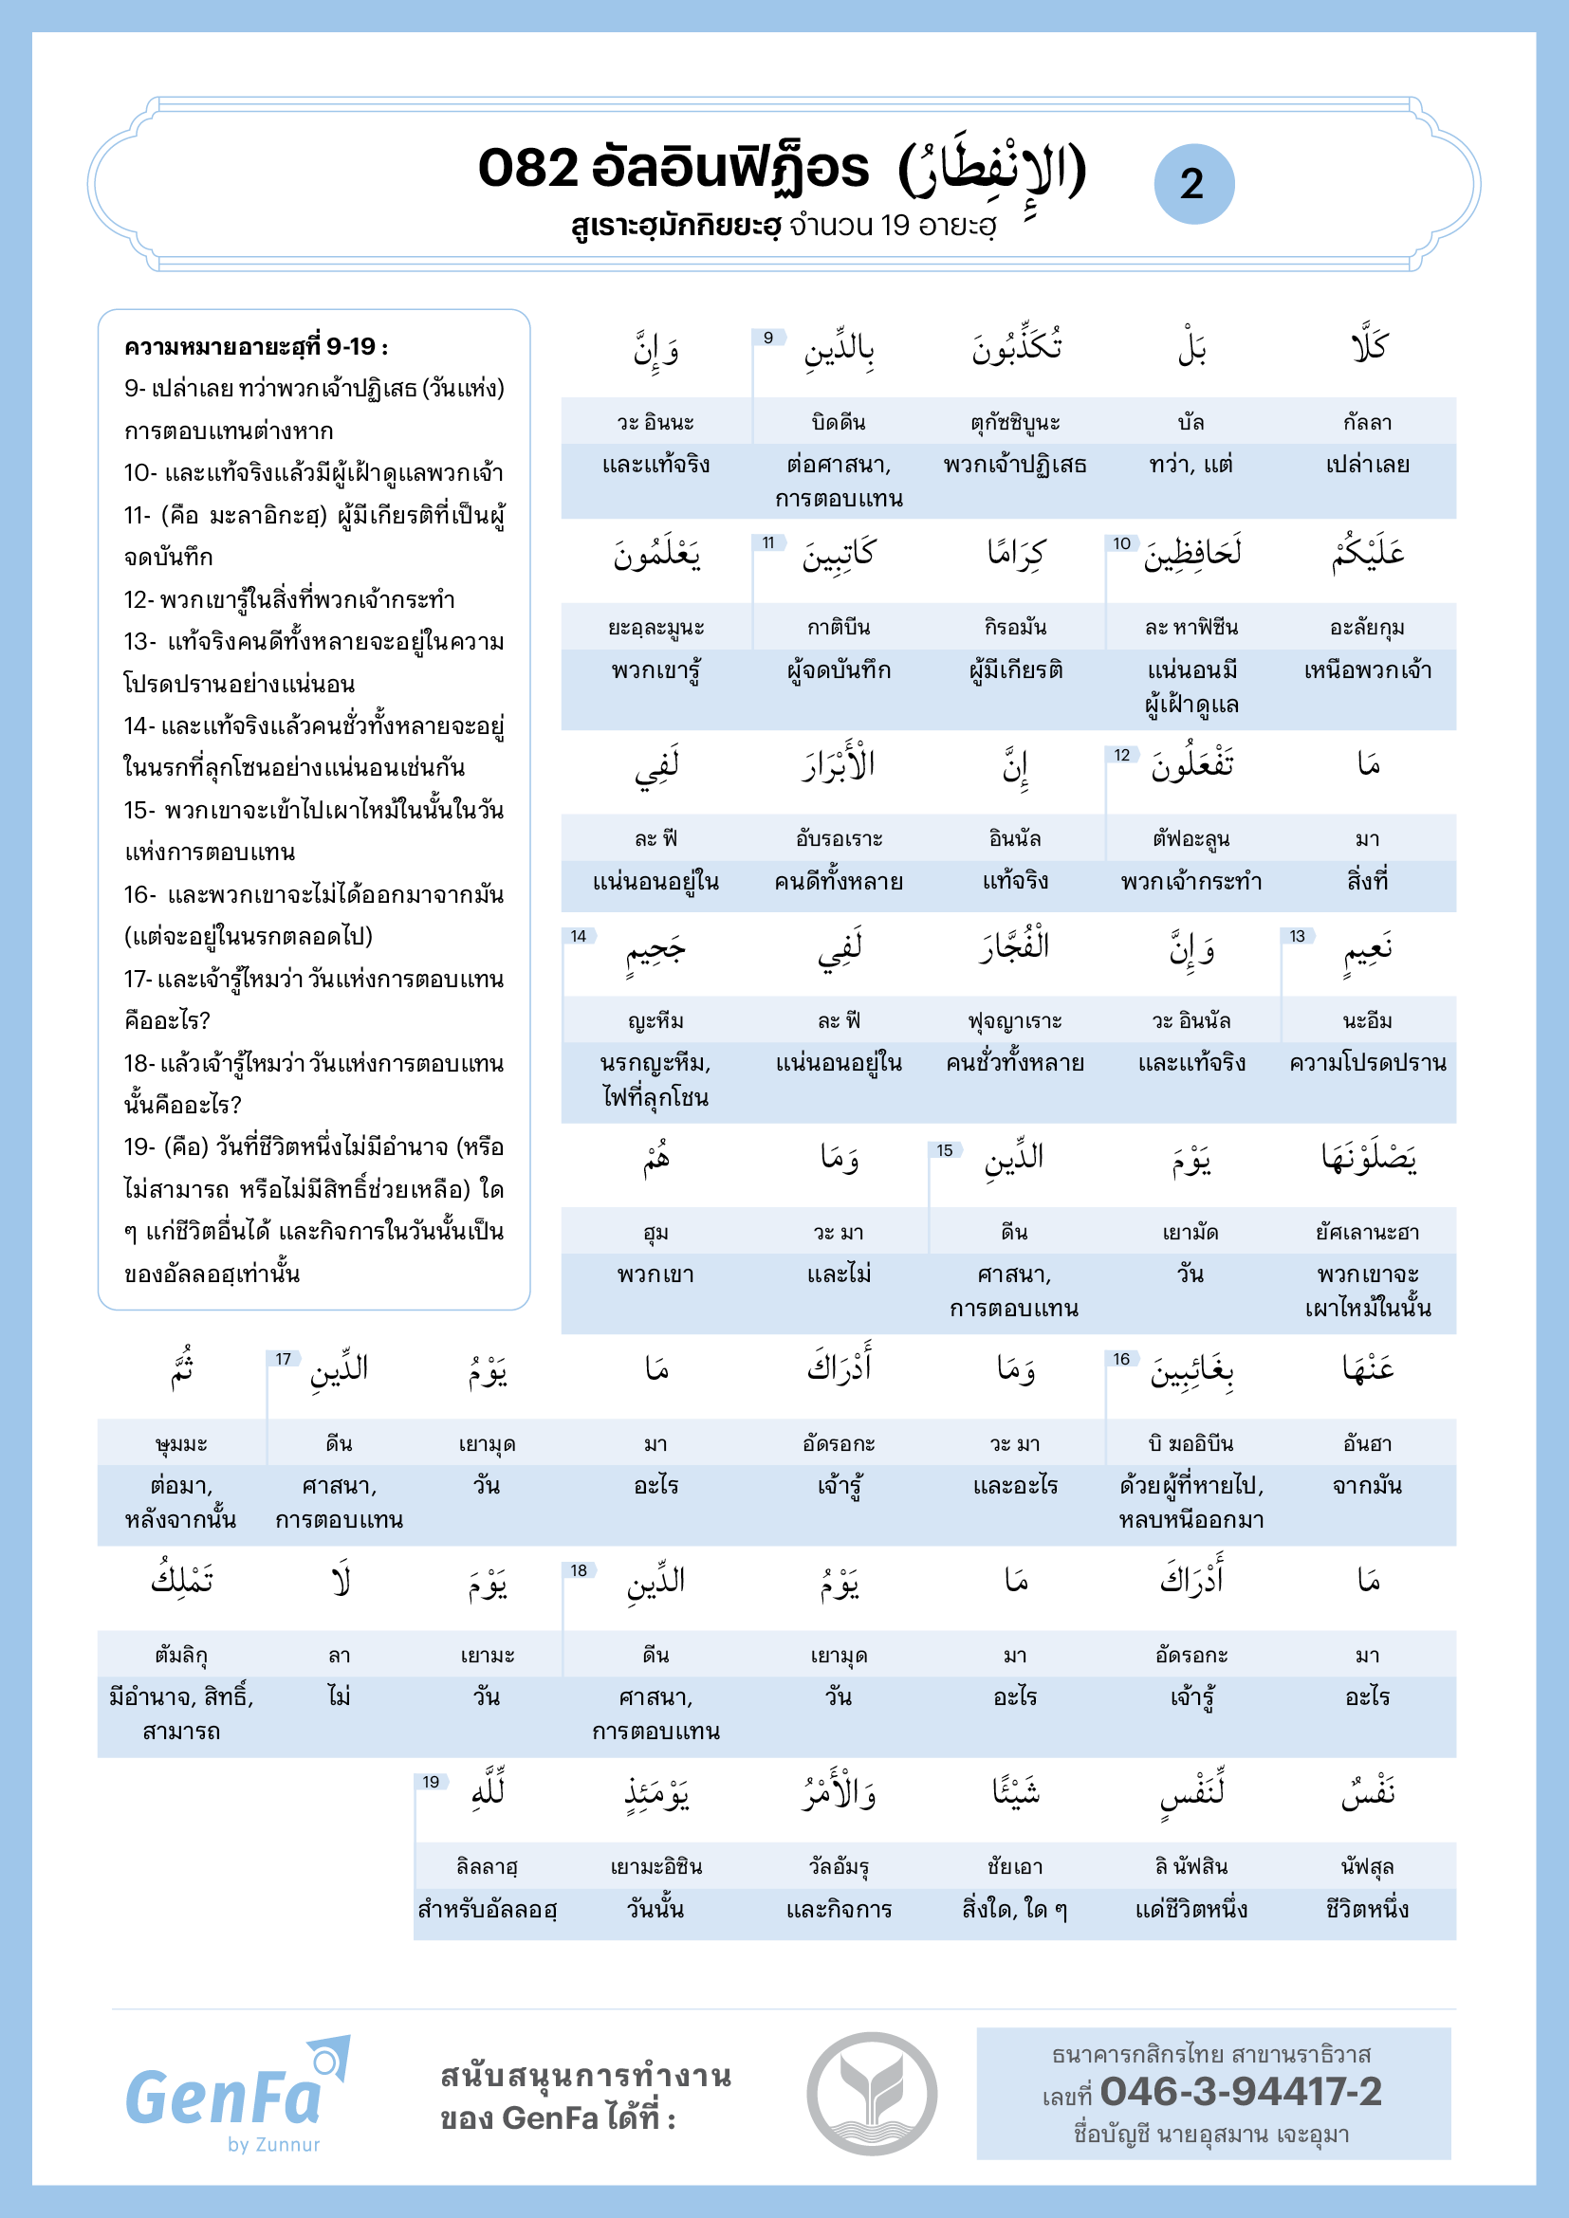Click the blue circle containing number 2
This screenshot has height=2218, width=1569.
coord(1193,184)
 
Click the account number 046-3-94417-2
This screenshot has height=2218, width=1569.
coord(1241,2092)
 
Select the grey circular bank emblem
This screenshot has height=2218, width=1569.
coord(872,2094)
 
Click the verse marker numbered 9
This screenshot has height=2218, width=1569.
coord(768,339)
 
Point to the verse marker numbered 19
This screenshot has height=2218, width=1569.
coord(431,1783)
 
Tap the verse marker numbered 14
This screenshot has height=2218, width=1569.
coord(578,936)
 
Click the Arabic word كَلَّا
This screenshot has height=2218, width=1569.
coord(1368,348)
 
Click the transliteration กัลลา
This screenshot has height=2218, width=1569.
coord(1367,422)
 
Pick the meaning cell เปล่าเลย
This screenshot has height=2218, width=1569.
coord(1367,465)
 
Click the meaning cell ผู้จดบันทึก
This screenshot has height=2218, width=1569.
coord(839,670)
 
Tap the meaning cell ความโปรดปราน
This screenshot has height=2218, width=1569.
coord(1367,1063)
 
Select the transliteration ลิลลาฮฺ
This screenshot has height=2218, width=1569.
coord(487,1866)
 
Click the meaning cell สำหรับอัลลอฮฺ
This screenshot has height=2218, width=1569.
coord(487,1909)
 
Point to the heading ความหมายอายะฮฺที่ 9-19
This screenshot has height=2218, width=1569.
coord(256,347)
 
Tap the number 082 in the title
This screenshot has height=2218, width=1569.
coord(527,168)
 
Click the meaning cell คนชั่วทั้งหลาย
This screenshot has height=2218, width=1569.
coord(1014,1063)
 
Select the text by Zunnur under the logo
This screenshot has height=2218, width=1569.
coord(273,2145)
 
